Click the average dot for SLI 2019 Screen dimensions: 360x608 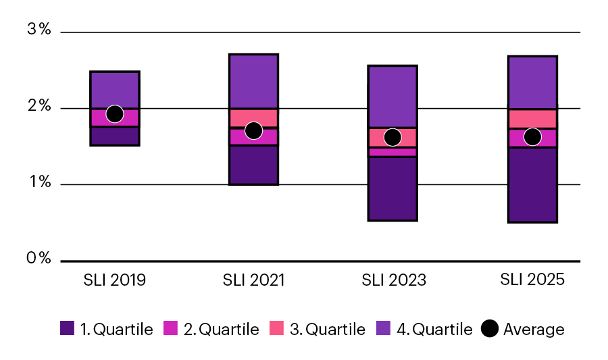point(115,114)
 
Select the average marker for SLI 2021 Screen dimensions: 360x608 point(253,130)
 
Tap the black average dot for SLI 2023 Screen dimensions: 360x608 point(392,138)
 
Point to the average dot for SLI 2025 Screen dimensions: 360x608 point(532,137)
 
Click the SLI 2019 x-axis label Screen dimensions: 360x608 point(115,280)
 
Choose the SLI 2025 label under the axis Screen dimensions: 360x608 point(532,280)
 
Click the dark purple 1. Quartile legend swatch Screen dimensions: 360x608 point(67,330)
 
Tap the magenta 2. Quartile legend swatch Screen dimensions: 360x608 point(171,330)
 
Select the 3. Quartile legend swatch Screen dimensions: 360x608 point(277,330)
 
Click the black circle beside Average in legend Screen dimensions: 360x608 point(490,330)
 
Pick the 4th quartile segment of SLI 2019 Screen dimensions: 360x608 point(115,89)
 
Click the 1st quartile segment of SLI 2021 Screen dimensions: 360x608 point(253,165)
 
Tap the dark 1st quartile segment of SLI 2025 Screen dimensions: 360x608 point(532,184)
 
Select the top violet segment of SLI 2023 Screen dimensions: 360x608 point(392,96)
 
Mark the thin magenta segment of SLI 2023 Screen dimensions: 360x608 point(392,152)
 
